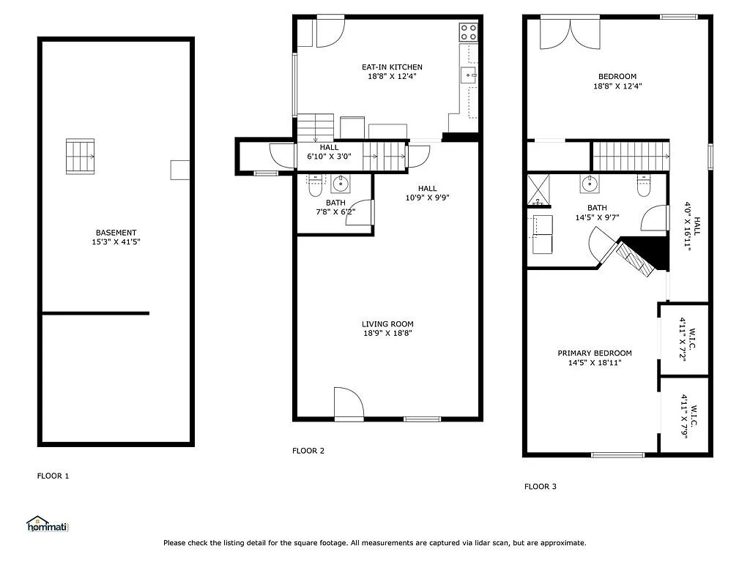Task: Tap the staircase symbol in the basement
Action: click(x=81, y=157)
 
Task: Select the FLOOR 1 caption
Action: click(x=53, y=476)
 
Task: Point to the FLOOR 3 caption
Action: click(x=540, y=486)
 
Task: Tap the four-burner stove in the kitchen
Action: click(x=468, y=31)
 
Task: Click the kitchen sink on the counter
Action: click(x=469, y=75)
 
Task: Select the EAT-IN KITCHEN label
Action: click(x=392, y=67)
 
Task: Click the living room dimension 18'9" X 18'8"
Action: click(x=387, y=333)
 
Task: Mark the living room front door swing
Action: click(x=347, y=402)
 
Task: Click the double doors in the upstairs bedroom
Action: click(x=569, y=32)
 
